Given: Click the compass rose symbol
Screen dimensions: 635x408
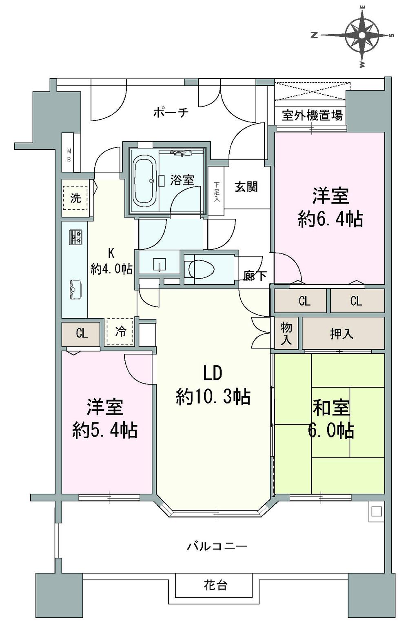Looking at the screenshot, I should point(361,36).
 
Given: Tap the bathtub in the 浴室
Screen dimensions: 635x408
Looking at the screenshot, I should point(145,181).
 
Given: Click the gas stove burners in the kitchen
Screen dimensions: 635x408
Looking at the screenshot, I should point(75,237).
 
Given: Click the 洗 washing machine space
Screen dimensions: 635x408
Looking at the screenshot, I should point(75,198).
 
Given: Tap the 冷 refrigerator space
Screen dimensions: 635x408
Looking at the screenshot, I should point(120,331).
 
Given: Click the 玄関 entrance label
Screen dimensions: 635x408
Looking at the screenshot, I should point(246,187).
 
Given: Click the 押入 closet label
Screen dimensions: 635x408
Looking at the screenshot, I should point(341,334).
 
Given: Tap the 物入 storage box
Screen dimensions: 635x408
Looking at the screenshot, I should point(286,334).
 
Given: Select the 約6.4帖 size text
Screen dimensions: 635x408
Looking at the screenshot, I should point(330,220).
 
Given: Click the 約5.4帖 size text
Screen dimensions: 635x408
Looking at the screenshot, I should point(105,430).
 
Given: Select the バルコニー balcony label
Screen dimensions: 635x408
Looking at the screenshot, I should point(217,546).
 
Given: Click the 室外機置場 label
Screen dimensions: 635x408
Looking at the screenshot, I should point(312,116).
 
